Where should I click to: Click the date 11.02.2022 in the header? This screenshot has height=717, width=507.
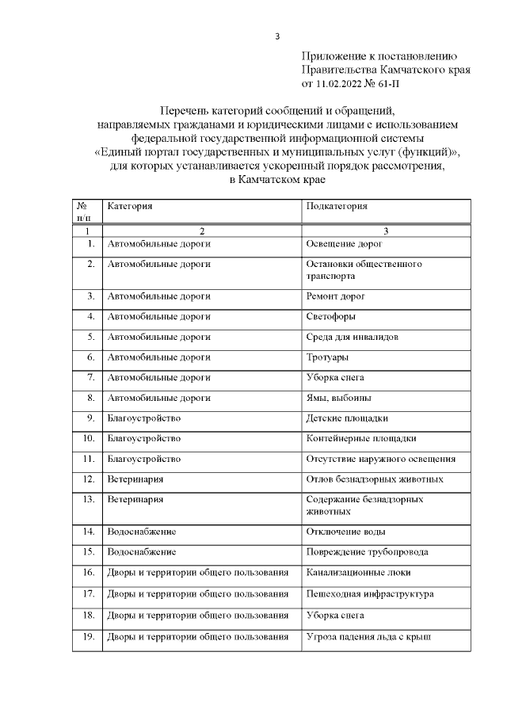(342, 82)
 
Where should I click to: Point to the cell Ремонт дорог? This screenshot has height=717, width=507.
(335, 296)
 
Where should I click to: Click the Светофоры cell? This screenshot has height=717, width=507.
(332, 316)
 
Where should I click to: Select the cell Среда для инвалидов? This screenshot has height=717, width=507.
(352, 337)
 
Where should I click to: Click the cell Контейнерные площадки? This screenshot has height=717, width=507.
(360, 438)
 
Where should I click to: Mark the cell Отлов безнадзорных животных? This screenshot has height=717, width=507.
(374, 479)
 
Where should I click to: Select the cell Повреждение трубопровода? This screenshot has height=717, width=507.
(367, 551)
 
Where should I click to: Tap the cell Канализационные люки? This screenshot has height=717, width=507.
(358, 572)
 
